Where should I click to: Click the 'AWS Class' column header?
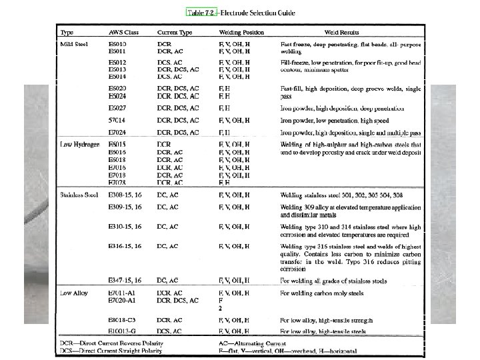click(x=123, y=32)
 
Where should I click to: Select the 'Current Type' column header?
click(x=175, y=32)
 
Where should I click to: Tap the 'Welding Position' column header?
click(x=241, y=32)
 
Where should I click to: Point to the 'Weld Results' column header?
click(x=342, y=32)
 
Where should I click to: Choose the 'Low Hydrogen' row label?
click(x=79, y=144)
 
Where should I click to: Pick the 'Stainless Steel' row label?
click(x=79, y=195)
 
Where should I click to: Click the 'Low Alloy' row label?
click(x=74, y=293)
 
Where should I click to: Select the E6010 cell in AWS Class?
click(x=117, y=43)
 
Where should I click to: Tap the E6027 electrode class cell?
click(x=117, y=108)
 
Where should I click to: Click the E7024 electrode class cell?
click(x=117, y=133)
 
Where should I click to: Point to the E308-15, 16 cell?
click(x=125, y=195)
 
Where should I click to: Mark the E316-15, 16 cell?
click(x=125, y=246)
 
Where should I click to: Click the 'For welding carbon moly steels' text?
click(x=322, y=293)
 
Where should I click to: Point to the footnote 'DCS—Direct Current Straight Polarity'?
click(x=111, y=350)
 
